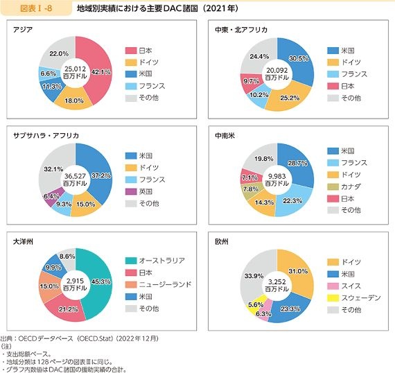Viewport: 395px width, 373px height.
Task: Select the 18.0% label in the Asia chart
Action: point(74,101)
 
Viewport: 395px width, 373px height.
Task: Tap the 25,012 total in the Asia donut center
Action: point(75,69)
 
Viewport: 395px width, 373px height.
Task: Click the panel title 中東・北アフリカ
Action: point(241,30)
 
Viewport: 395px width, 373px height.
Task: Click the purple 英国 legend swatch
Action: point(131,192)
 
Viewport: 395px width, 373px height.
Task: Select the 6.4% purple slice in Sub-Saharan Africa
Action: point(53,197)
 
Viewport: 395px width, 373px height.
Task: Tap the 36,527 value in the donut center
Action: point(75,176)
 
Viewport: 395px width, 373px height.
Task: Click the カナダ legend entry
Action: point(344,186)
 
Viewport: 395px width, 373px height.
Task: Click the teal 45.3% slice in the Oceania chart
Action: point(100,282)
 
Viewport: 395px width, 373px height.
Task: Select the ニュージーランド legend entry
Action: point(159,284)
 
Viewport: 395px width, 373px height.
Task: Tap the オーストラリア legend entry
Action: point(155,261)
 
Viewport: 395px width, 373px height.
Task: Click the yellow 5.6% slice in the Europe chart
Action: point(256,304)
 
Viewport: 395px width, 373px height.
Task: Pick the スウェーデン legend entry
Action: point(354,298)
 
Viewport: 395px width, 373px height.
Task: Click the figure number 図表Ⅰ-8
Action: point(36,8)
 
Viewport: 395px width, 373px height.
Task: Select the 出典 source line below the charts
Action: point(80,338)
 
